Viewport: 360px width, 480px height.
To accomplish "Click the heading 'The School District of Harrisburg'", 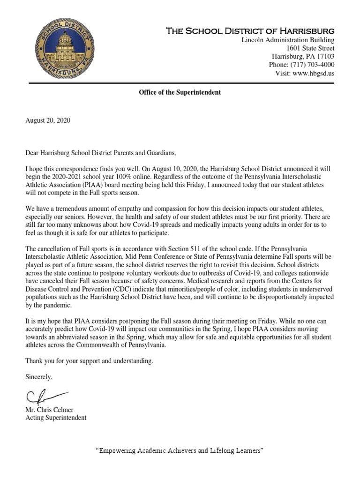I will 251,31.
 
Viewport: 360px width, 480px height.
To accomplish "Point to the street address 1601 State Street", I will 310,48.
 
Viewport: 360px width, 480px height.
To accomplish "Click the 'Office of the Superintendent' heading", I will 180,92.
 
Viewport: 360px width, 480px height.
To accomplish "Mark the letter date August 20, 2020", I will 47,120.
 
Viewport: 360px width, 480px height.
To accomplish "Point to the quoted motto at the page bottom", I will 180,450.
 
